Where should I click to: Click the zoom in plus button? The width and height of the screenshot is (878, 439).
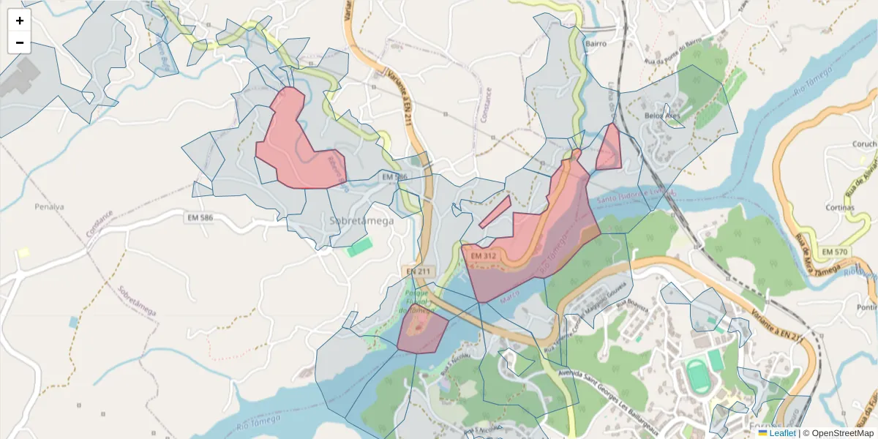20,20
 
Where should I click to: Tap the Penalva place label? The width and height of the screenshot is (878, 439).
50,206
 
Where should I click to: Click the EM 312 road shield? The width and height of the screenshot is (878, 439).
484,256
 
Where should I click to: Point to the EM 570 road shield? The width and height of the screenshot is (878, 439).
834,252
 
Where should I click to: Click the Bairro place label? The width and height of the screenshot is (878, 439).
596,43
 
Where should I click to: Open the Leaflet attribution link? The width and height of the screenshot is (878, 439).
782,433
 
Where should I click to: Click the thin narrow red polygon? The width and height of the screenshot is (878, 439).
495,211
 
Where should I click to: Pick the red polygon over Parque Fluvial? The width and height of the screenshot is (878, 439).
421,333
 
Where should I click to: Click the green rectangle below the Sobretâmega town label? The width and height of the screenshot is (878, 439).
359,247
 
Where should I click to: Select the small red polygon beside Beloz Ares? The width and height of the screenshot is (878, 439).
609,149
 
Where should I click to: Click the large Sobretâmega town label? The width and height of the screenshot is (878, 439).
361,220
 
